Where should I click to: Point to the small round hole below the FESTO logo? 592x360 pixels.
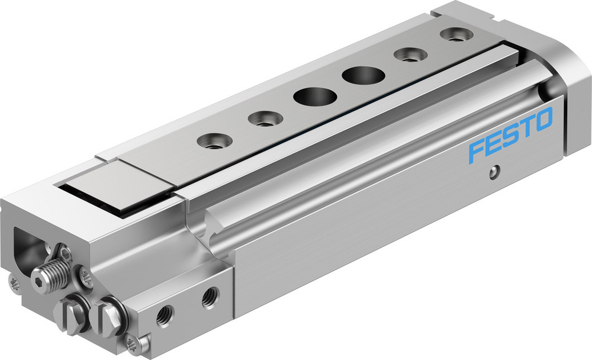pos(493,173)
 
